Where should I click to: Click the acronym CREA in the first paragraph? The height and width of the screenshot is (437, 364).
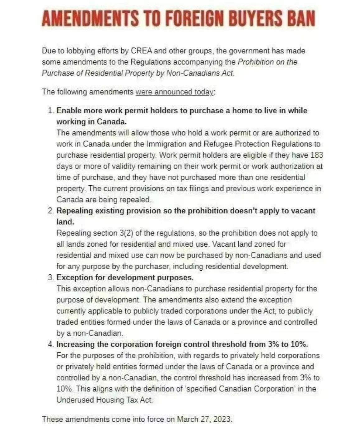pyautogui.click(x=141, y=51)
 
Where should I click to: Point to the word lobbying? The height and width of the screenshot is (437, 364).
pyautogui.click(x=79, y=51)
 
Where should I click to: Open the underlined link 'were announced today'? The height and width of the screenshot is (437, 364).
pyautogui.click(x=174, y=92)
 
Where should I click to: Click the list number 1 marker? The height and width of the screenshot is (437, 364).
pyautogui.click(x=51, y=111)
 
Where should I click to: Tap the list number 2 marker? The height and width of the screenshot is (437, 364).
pyautogui.click(x=51, y=211)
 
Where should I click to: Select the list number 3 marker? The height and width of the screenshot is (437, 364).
pyautogui.click(x=51, y=278)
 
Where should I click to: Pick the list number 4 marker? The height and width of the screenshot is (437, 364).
pyautogui.click(x=51, y=344)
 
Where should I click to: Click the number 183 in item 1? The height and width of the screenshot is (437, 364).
pyautogui.click(x=317, y=155)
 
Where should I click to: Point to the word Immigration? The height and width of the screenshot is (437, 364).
pyautogui.click(x=165, y=144)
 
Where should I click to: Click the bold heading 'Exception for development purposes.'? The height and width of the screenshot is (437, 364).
pyautogui.click(x=125, y=278)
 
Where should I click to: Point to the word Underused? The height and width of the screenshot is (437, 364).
pyautogui.click(x=75, y=400)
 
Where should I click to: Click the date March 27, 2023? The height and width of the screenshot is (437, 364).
pyautogui.click(x=204, y=419)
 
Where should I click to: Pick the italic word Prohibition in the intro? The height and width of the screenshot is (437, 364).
pyautogui.click(x=255, y=62)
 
